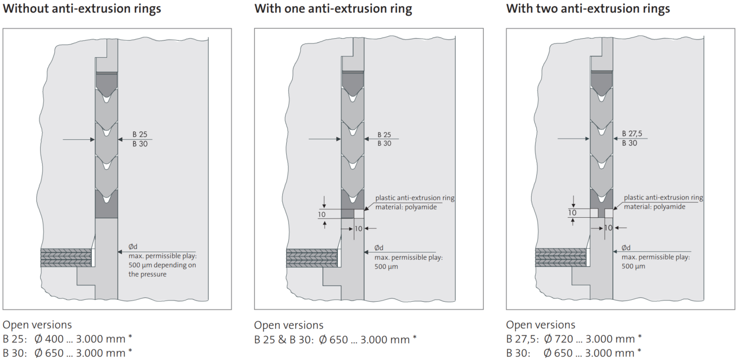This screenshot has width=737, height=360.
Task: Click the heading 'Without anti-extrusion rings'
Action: (x=82, y=9)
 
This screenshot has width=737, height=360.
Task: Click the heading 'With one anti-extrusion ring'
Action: (x=333, y=9)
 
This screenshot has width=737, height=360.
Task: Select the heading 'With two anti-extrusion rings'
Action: (x=588, y=9)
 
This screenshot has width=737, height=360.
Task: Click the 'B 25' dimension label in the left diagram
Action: (x=140, y=135)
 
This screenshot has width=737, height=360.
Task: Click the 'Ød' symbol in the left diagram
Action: (x=133, y=247)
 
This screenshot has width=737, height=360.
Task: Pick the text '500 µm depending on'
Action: (x=162, y=265)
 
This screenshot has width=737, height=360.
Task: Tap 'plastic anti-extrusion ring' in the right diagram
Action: (x=663, y=198)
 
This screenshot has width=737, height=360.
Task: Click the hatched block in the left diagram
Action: (x=66, y=258)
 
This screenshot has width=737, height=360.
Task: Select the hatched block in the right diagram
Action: (x=560, y=258)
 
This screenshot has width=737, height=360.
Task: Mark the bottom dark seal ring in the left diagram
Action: (x=107, y=205)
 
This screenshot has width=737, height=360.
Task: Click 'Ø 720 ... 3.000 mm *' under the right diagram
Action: (x=592, y=339)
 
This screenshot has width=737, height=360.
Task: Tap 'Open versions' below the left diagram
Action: (x=37, y=325)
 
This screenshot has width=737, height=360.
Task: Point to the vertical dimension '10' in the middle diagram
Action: (x=322, y=214)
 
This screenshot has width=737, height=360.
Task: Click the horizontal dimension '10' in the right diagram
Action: (x=608, y=228)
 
